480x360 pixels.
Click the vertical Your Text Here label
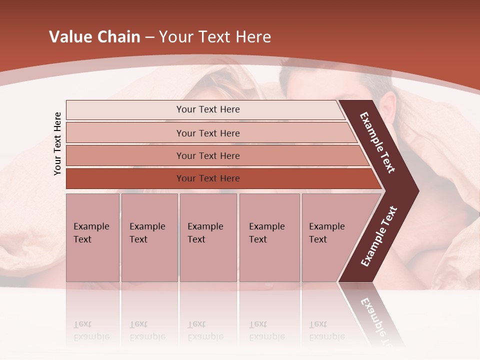[x=57, y=143]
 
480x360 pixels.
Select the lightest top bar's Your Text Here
[x=208, y=109]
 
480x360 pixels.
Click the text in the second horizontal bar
[x=208, y=133]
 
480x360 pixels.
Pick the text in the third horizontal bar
[x=208, y=156]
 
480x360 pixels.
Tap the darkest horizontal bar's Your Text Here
[x=208, y=178]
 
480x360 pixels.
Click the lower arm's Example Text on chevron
[x=379, y=236]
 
